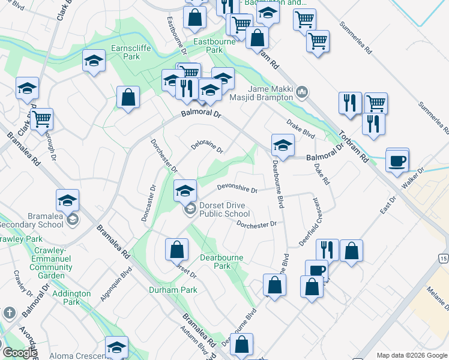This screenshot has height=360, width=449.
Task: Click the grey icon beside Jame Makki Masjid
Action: pos(303,92)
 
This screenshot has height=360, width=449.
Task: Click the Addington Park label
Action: pos(71,298)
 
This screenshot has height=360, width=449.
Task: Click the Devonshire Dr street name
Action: pos(237,189)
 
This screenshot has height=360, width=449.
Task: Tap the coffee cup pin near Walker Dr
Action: pos(397,161)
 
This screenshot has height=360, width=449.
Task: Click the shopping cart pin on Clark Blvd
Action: pos(41,119)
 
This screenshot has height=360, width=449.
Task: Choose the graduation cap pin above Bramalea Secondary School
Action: pos(68,200)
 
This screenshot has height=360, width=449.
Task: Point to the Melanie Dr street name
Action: pos(436,297)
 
